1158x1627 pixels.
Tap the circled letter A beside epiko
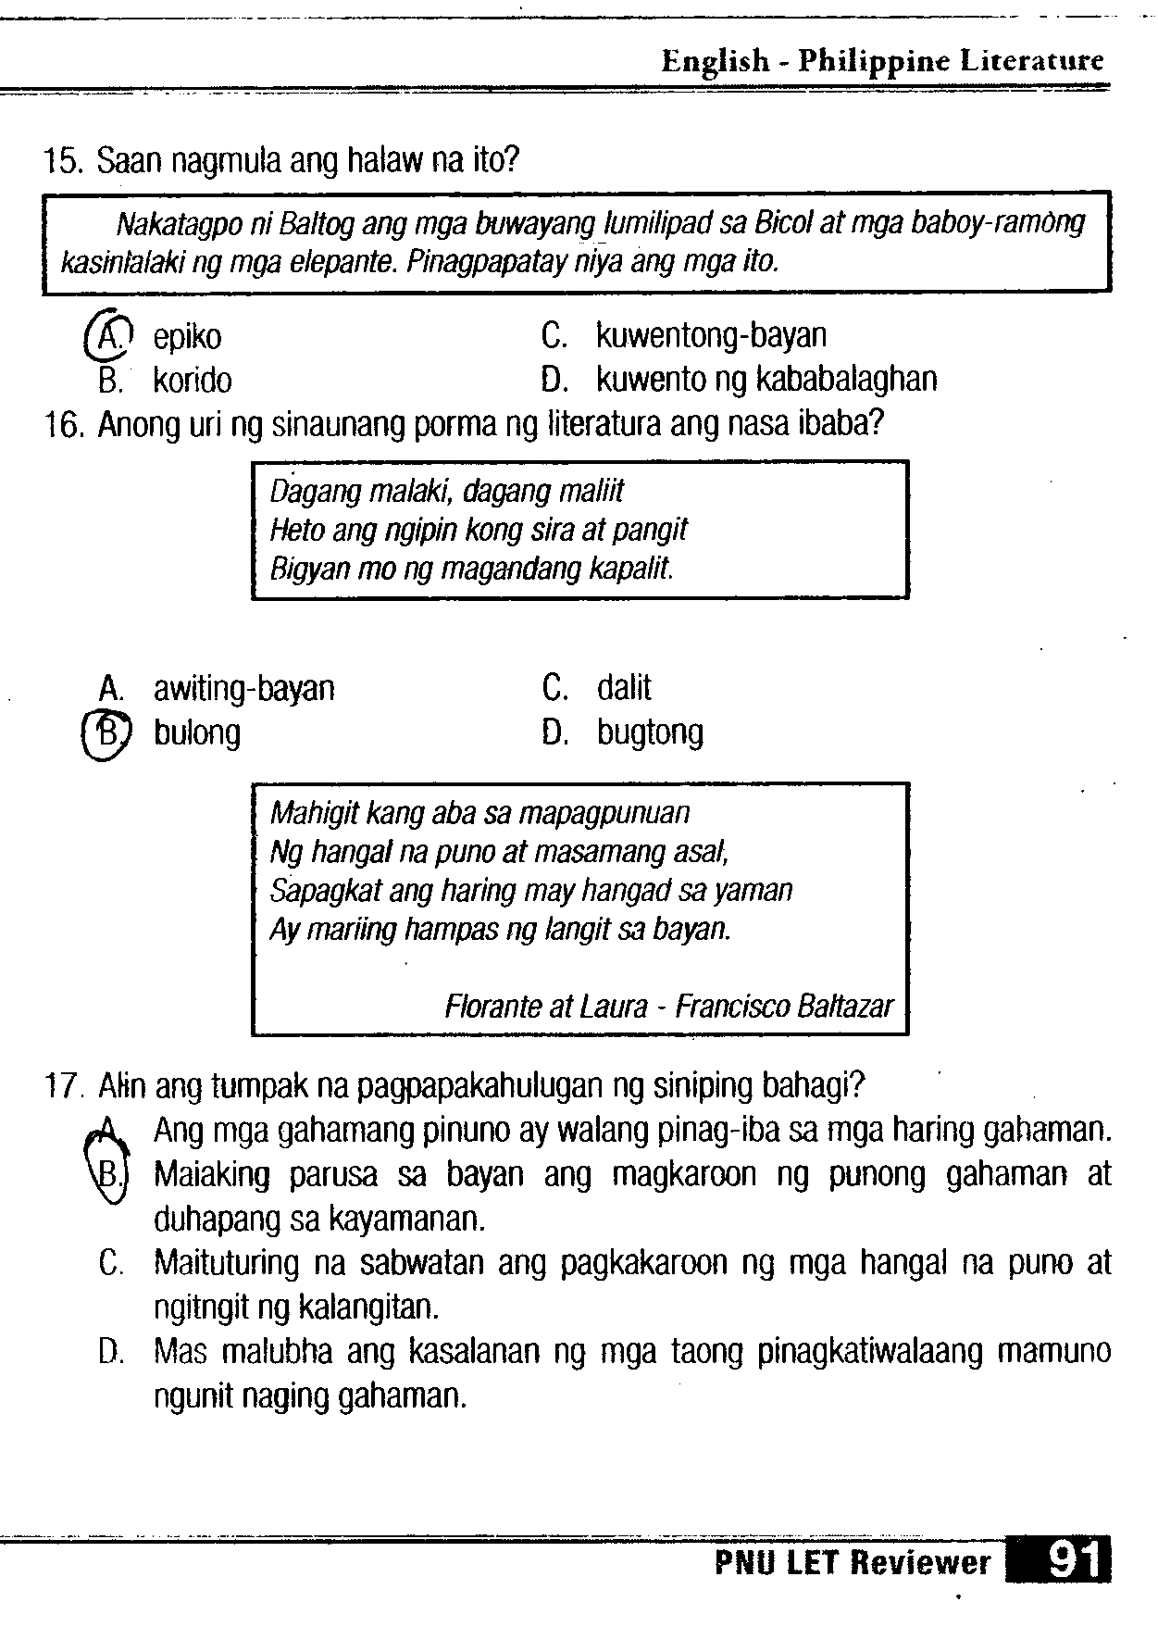point(109,334)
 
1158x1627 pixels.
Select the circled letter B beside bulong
point(108,732)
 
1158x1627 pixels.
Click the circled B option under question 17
point(107,1175)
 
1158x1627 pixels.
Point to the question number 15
point(64,163)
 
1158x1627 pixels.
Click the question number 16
point(64,425)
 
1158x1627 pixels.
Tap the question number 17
point(64,1085)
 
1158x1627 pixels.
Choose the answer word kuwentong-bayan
point(711,335)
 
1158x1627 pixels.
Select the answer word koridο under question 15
point(193,381)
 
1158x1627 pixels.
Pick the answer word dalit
point(624,688)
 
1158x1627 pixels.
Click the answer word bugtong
point(650,732)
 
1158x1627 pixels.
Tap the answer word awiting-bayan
point(243,689)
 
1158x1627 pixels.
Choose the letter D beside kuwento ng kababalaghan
point(553,380)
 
